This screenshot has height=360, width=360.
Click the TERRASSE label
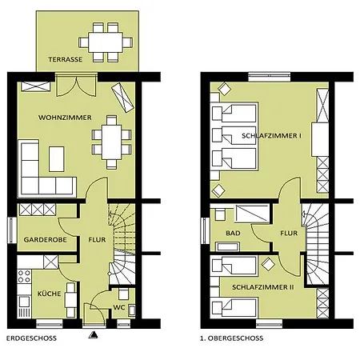click(66, 59)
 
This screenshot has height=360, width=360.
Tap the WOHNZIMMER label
click(65, 118)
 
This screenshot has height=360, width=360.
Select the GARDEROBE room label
click(45, 240)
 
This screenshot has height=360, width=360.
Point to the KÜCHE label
click(49, 294)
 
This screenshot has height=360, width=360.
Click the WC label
click(119, 307)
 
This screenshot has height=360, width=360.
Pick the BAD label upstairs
click(233, 233)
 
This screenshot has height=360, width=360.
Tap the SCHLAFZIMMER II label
click(263, 287)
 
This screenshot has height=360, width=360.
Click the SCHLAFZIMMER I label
click(272, 136)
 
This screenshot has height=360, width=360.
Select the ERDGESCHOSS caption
click(31, 338)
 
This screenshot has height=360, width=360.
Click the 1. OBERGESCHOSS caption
click(231, 338)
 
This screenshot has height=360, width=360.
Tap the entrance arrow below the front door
click(93, 334)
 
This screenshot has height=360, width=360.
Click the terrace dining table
click(106, 42)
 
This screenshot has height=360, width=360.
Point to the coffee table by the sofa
click(57, 159)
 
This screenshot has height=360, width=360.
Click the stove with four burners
click(24, 276)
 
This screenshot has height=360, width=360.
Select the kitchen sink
click(24, 302)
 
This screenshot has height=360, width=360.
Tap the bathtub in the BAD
click(227, 246)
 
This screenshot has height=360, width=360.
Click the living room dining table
click(111, 142)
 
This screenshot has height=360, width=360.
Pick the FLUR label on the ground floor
click(97, 240)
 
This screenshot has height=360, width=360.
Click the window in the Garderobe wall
click(12, 230)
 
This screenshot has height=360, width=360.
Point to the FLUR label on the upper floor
click(289, 233)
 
